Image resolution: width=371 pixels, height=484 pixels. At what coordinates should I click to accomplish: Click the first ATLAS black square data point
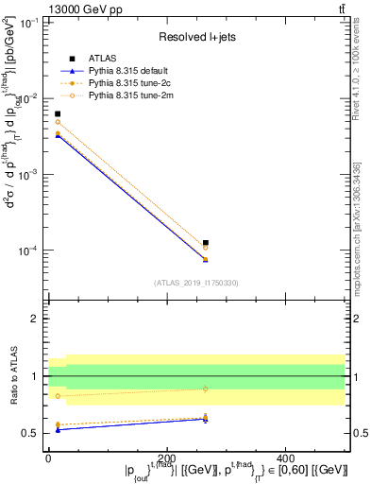(x=58, y=113)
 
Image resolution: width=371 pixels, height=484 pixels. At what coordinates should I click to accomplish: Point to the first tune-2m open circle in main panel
(x=58, y=122)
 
